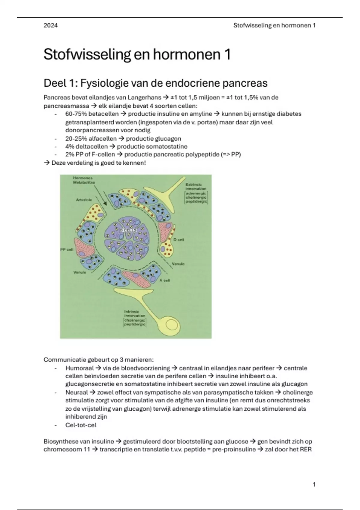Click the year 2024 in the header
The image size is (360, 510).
50,25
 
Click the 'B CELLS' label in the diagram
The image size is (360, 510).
128,230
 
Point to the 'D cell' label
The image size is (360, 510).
179,240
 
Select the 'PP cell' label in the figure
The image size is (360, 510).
67,250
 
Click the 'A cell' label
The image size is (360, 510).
165,280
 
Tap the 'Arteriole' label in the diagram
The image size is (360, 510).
84,200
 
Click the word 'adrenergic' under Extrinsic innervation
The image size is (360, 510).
196,193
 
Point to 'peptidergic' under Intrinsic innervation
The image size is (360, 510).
135,324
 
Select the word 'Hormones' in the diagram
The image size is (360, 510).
83,178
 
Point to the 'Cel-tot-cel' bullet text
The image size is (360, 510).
81,425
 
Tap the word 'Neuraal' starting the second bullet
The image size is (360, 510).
76,392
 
